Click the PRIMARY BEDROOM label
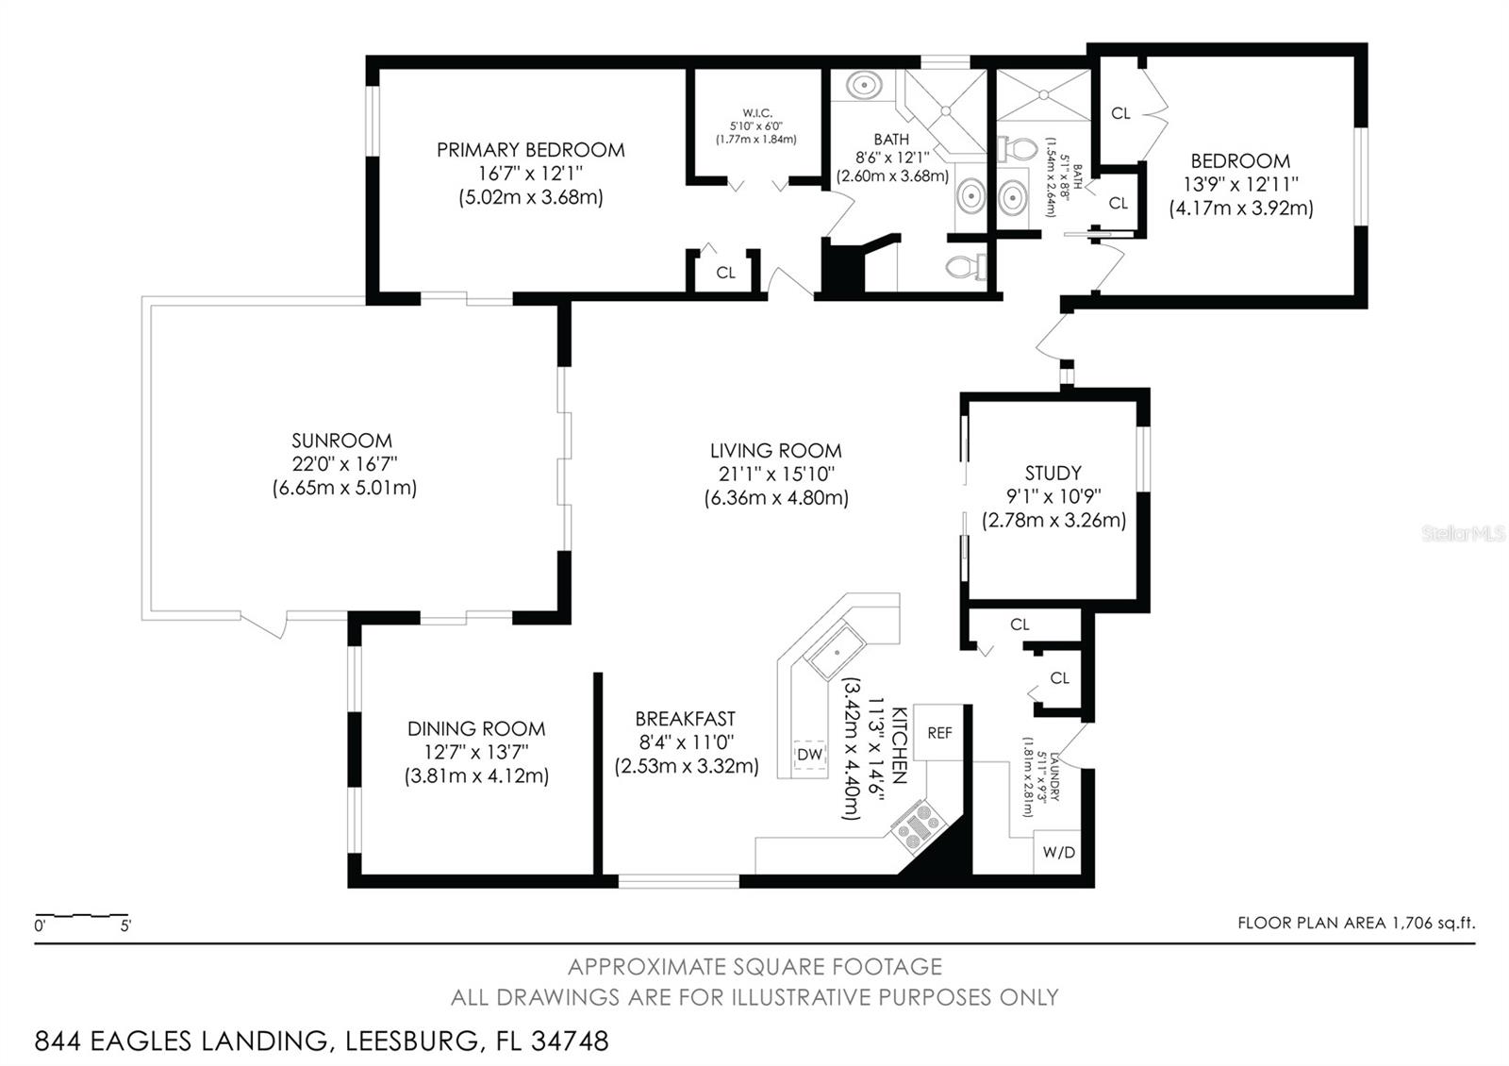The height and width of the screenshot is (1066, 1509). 530,150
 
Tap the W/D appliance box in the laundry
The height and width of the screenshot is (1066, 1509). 1058,852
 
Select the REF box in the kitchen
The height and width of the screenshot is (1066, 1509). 939,733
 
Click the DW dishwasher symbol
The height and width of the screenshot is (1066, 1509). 809,755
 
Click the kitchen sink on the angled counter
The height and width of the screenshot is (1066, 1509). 837,653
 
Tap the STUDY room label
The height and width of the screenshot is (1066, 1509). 1053,473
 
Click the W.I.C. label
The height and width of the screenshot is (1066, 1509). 756,113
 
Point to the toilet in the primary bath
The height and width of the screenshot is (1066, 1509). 964,268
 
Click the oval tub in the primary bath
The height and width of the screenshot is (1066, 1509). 863,86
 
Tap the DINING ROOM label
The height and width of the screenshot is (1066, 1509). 476,728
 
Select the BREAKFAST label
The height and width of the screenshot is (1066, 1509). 686,719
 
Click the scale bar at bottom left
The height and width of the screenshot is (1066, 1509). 81,915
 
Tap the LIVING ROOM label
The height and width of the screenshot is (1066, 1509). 775,451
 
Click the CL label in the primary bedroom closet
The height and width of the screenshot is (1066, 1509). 725,273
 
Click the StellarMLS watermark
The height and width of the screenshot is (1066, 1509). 1463,534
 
